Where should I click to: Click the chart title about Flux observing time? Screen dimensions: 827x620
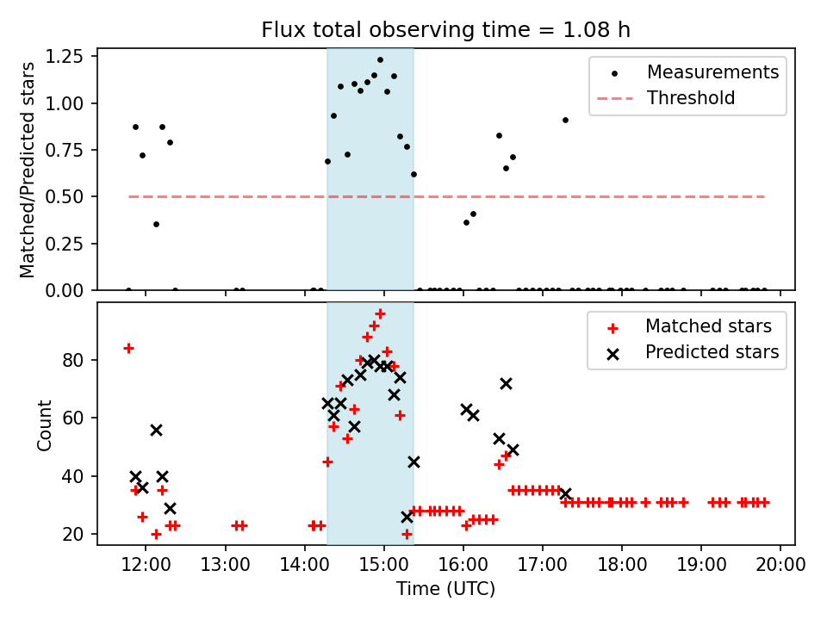pyautogui.click(x=445, y=29)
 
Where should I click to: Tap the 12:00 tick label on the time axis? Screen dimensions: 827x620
pyautogui.click(x=146, y=564)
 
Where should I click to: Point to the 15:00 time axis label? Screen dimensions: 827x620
pyautogui.click(x=384, y=564)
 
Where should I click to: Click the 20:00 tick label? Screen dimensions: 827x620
pyautogui.click(x=780, y=564)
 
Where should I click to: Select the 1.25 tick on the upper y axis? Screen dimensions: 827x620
pyautogui.click(x=65, y=57)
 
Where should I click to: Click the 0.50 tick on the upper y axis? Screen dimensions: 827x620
pyautogui.click(x=65, y=196)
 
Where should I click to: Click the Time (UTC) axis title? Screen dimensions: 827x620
pyautogui.click(x=445, y=589)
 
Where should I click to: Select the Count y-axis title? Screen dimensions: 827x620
pyautogui.click(x=44, y=425)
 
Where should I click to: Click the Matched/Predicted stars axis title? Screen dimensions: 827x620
pyautogui.click(x=28, y=170)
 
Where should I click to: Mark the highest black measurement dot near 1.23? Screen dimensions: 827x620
pyautogui.click(x=380, y=60)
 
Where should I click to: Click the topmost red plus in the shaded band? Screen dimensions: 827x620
pyautogui.click(x=380, y=314)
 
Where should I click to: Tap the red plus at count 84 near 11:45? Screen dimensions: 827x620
pyautogui.click(x=128, y=349)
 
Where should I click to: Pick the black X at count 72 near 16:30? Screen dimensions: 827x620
pyautogui.click(x=506, y=384)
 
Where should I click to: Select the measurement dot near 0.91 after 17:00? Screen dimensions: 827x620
pyautogui.click(x=565, y=121)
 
